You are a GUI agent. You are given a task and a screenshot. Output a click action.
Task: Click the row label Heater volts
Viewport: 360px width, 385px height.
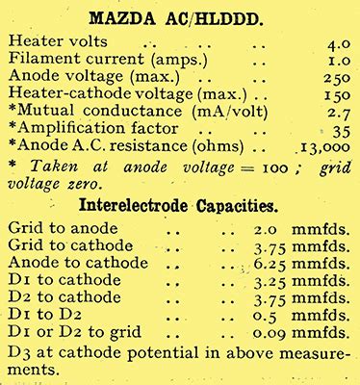pos(55,43)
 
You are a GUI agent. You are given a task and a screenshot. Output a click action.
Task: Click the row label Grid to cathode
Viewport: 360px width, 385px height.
pos(69,246)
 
